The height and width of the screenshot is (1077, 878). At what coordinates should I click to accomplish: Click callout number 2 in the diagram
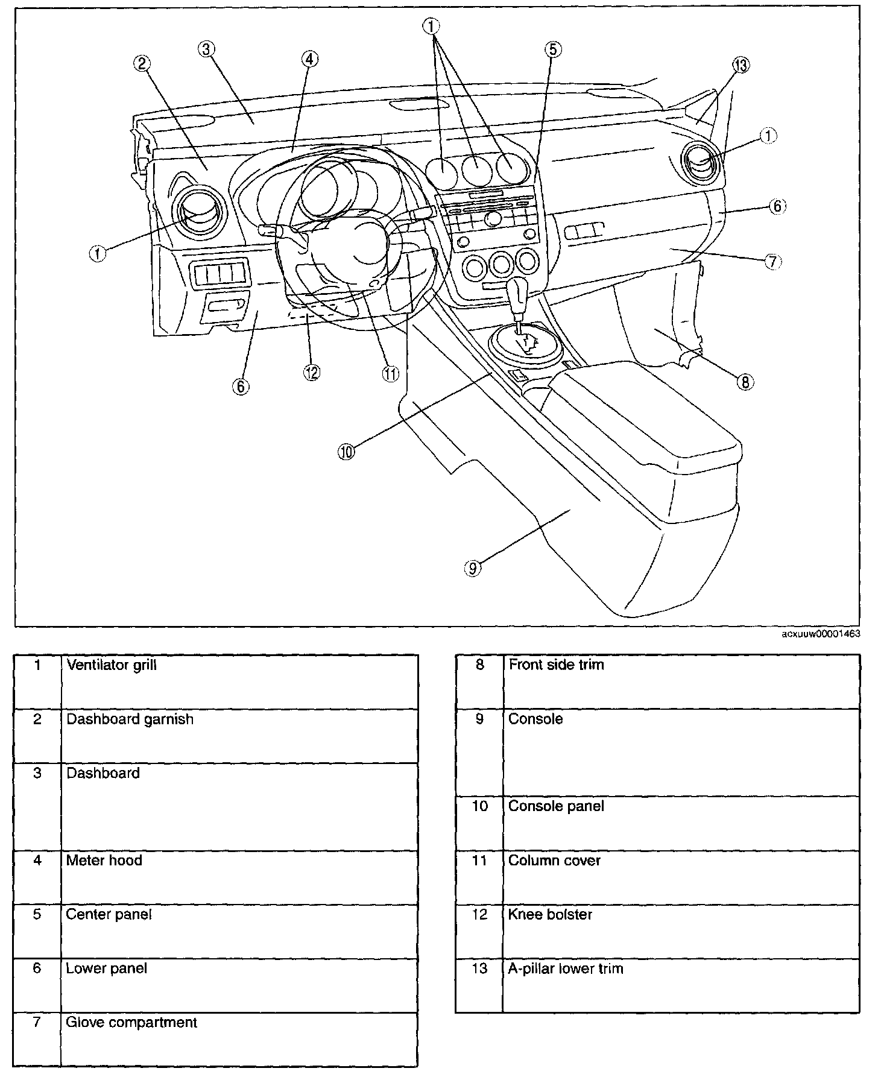pyautogui.click(x=142, y=63)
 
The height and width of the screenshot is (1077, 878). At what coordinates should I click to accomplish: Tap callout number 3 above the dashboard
pyautogui.click(x=206, y=49)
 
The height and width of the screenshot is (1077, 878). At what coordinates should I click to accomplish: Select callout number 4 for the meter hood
pyautogui.click(x=309, y=58)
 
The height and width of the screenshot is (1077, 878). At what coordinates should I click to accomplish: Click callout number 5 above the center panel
pyautogui.click(x=553, y=49)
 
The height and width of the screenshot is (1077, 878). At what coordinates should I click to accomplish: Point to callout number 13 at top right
pyautogui.click(x=741, y=65)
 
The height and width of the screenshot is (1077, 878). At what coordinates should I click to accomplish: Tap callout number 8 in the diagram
pyautogui.click(x=745, y=382)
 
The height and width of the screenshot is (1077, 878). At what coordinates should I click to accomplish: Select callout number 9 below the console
pyautogui.click(x=473, y=567)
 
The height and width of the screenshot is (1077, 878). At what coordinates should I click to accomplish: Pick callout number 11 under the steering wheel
pyautogui.click(x=390, y=374)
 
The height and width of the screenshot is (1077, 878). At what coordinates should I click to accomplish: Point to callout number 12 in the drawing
pyautogui.click(x=311, y=372)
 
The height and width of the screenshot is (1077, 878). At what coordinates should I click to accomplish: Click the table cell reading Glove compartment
pyautogui.click(x=132, y=1022)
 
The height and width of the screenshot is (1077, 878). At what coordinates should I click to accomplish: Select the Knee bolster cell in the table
pyautogui.click(x=550, y=914)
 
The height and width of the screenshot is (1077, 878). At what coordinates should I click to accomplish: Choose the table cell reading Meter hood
pyautogui.click(x=104, y=860)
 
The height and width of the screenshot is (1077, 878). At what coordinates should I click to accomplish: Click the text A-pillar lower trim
pyautogui.click(x=566, y=968)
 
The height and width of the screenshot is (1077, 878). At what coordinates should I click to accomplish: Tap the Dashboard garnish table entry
pyautogui.click(x=130, y=719)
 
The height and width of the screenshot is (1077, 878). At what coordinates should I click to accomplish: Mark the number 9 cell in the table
pyautogui.click(x=479, y=719)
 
